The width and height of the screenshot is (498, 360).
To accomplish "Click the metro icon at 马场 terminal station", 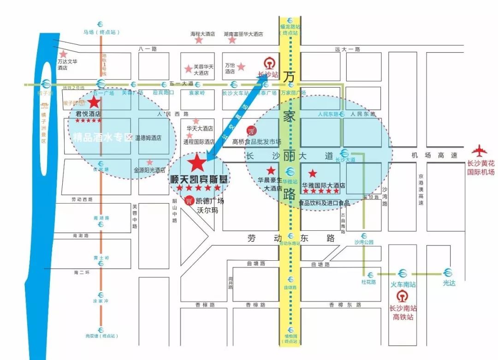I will coord(101,24).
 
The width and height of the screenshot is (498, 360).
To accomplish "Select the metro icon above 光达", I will coord(448,273).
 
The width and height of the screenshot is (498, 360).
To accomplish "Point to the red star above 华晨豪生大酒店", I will coord(271,170).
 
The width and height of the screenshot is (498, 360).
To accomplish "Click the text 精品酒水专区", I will coord(103,137).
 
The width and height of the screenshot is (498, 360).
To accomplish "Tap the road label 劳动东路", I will coord(290,238).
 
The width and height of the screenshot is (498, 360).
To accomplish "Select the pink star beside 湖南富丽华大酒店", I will coord(232,40).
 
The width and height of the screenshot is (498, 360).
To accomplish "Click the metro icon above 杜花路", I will coord(369,273).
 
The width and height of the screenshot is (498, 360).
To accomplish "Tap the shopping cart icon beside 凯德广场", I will coord(189,200).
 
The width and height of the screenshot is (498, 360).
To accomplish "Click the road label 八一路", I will coord(148,48).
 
